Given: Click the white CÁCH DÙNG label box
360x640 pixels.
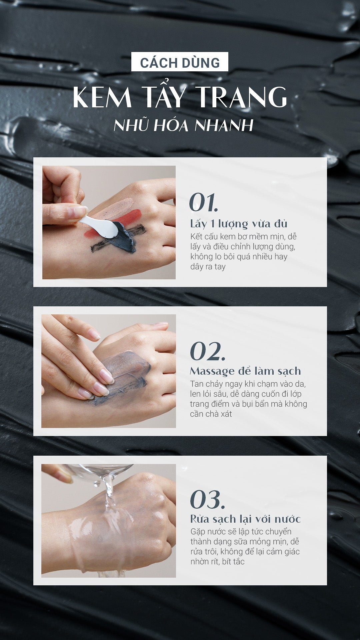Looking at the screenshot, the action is [180, 62].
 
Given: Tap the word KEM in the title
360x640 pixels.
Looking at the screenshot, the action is [102, 97].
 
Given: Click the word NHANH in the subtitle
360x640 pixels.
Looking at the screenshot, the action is [224, 126].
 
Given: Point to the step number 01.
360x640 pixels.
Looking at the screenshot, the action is [203, 202].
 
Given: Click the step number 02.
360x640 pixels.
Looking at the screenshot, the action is [207, 351].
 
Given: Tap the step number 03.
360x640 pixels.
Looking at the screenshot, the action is [207, 499].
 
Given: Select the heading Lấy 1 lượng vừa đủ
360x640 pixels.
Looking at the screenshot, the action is [239, 224].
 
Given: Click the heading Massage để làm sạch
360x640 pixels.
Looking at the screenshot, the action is [245, 371].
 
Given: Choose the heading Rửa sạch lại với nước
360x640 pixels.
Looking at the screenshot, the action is [245, 519].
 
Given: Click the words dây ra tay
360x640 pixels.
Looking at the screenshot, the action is [208, 267].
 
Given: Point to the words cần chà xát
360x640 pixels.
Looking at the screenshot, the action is [211, 414].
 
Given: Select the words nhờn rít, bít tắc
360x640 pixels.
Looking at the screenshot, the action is [217, 562].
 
